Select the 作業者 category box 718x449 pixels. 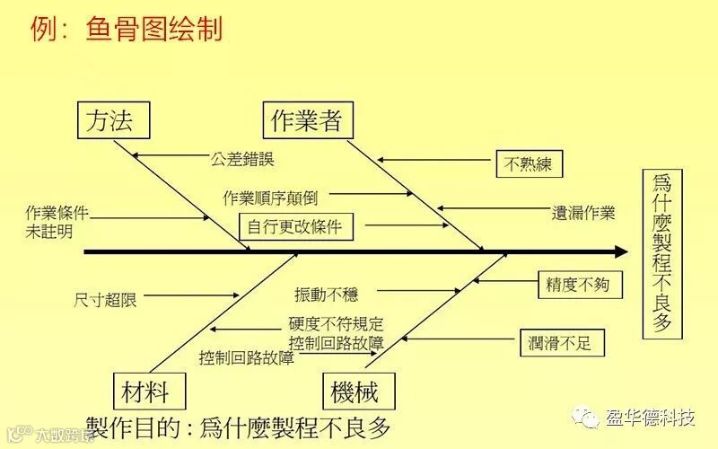pos(307,120)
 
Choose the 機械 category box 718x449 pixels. pos(355,391)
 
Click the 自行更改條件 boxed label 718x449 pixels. pos(296,226)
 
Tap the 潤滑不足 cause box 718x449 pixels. pos(562,342)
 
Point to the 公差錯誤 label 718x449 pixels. pos(242,159)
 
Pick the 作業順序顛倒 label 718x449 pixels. pos(269,197)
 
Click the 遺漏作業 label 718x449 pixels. pos(583,213)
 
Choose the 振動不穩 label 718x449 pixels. pos(326,294)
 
